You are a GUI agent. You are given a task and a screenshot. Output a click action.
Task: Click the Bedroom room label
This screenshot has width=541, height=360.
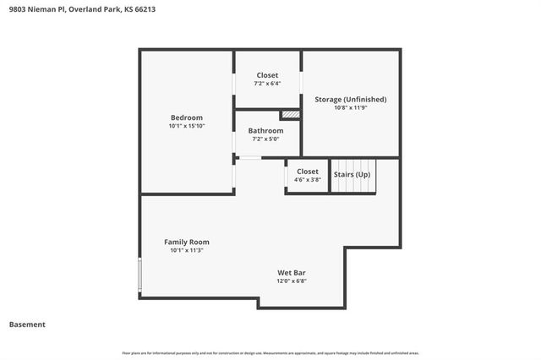pos(187,117)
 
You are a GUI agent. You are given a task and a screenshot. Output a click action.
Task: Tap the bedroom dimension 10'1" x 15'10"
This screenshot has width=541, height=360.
pos(187,126)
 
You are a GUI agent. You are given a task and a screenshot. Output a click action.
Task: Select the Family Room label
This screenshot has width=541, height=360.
pos(186,242)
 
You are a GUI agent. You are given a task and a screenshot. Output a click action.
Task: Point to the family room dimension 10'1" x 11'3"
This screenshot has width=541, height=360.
pos(186,250)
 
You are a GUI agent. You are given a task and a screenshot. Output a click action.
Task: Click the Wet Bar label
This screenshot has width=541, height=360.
pos(292,272)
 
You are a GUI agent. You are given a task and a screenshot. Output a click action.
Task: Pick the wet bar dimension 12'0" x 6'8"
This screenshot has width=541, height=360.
pos(292,281)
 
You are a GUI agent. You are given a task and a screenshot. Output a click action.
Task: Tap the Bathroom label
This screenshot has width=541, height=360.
pos(265,130)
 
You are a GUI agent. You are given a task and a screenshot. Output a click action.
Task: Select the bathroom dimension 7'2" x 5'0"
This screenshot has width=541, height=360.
pos(265,139)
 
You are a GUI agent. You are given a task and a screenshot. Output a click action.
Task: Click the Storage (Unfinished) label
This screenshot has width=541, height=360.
pos(351,99)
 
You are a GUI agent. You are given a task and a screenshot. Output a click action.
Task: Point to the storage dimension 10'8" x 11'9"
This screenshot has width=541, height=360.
pos(351,107)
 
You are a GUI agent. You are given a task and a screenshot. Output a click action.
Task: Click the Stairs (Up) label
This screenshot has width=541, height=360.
pos(351,174)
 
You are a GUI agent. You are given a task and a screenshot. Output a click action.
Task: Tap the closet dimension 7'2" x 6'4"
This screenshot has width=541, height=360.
pos(267,84)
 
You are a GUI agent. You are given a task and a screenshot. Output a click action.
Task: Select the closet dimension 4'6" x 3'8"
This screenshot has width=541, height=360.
pos(307,179)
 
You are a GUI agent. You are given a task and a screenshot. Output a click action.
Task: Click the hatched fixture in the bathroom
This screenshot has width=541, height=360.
pos(291,114)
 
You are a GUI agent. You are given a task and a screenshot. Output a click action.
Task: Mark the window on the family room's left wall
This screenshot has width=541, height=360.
pos(140,272)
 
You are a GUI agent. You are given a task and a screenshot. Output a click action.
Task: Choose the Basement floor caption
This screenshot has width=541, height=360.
pos(27,324)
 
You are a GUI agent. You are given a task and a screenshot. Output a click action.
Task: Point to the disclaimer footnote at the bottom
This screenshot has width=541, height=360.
pos(270,352)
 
